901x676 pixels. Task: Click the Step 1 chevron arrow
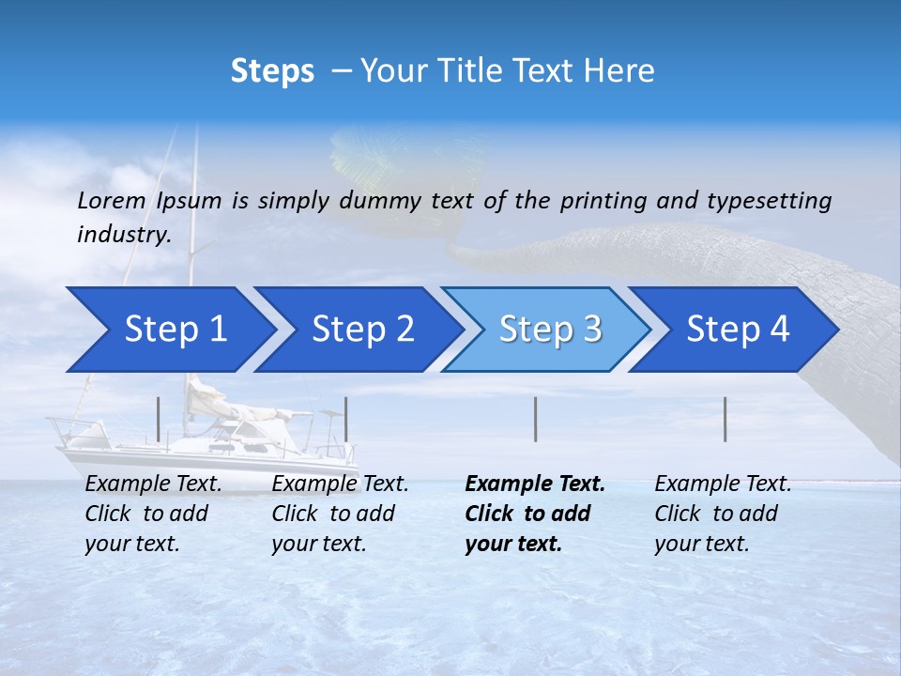click(174, 330)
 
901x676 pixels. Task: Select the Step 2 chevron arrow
click(361, 330)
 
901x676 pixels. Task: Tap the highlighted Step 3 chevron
click(549, 330)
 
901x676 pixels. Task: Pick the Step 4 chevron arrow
click(737, 330)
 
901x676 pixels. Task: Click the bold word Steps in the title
click(272, 71)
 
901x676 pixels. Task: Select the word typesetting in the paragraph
click(769, 201)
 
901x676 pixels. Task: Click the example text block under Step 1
click(153, 514)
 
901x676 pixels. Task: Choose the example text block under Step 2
click(340, 514)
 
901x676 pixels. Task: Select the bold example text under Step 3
click(535, 514)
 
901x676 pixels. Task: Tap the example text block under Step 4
click(723, 514)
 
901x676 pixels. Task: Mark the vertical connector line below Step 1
click(159, 419)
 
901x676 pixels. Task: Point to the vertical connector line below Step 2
click(346, 419)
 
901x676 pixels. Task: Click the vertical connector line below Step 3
click(536, 419)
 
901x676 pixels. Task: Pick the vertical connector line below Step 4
click(725, 419)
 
